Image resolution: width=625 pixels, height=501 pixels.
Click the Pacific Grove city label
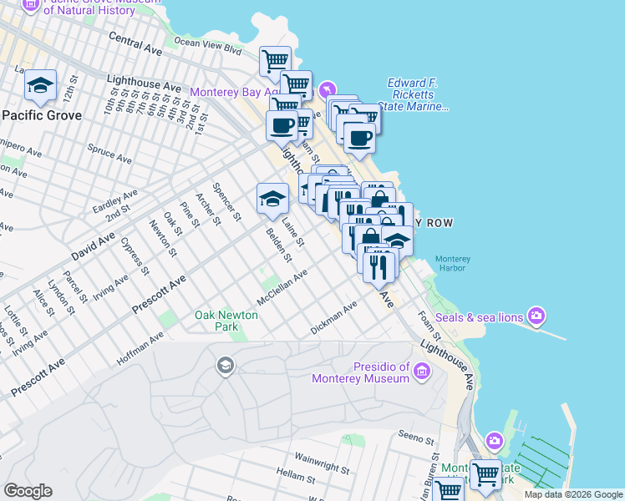click(x=41, y=115)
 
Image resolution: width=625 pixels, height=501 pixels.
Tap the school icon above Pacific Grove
click(x=40, y=85)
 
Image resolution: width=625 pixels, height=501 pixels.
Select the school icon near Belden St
click(x=272, y=199)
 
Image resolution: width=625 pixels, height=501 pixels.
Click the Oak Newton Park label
click(x=216, y=321)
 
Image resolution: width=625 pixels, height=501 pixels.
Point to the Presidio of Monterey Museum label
click(x=360, y=372)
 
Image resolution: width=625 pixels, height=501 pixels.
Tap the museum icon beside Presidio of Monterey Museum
click(x=422, y=370)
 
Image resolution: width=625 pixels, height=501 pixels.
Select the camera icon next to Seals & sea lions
click(x=536, y=316)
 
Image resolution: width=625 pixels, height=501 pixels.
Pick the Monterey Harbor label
click(x=454, y=264)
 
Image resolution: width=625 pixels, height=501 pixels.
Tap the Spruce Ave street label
click(x=109, y=153)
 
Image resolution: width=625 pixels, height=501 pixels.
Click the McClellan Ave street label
click(x=282, y=287)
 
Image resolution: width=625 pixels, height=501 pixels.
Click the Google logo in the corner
click(x=28, y=491)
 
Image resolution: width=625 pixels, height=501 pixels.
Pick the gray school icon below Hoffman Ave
click(x=224, y=366)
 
